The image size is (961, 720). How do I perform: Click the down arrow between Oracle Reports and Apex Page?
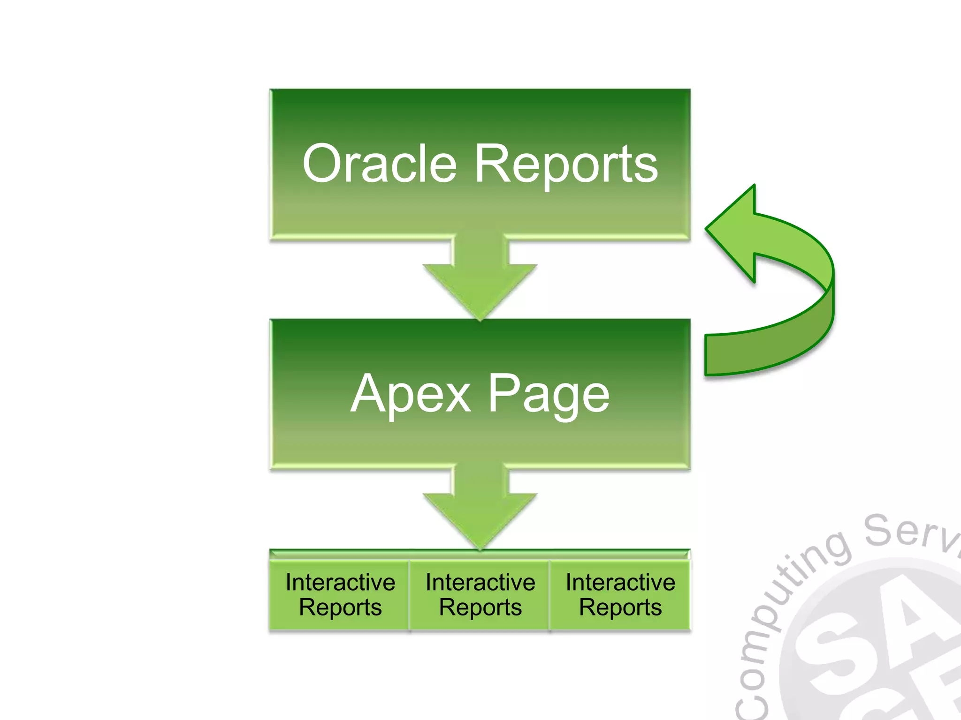[480, 281]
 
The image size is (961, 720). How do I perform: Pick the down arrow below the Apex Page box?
[480, 511]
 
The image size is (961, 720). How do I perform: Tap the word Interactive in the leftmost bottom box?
[340, 582]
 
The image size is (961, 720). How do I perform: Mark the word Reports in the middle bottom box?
[480, 607]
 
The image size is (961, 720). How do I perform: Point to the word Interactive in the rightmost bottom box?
[620, 582]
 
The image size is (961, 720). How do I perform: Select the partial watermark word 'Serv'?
[910, 532]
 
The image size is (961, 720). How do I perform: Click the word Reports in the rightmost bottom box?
[620, 607]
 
